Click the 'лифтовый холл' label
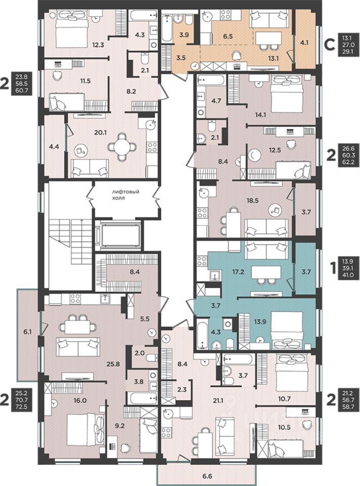click(125, 194)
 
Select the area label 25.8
click(113, 364)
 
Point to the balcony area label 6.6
click(207, 475)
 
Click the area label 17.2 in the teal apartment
click(238, 272)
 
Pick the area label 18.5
click(252, 200)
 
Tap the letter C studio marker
click(331, 45)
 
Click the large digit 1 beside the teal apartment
click(333, 268)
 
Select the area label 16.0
click(80, 400)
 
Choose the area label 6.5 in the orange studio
click(228, 36)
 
